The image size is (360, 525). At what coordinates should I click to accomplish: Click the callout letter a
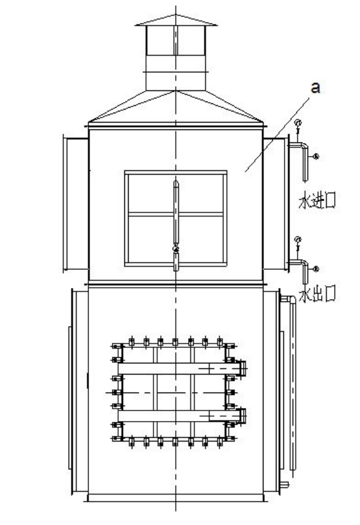(315, 88)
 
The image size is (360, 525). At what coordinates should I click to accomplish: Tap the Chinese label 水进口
(317, 201)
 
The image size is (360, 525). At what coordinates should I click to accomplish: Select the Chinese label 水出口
(317, 295)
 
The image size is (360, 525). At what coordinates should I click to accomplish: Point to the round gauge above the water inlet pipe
(298, 123)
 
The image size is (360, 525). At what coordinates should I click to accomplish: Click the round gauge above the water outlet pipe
(298, 240)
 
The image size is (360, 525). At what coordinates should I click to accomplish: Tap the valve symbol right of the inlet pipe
(315, 156)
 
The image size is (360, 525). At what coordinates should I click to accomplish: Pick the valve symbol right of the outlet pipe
(315, 269)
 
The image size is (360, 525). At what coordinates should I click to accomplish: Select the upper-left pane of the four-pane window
(150, 193)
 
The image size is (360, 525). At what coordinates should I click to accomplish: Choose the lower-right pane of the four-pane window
(201, 240)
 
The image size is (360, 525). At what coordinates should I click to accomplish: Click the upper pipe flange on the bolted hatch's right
(243, 368)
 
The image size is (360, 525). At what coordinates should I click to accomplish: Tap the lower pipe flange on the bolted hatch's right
(243, 416)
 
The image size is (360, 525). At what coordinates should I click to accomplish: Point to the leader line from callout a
(277, 134)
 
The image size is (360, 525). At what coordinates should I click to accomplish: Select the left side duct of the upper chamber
(76, 203)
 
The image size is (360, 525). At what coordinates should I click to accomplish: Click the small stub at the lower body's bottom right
(284, 484)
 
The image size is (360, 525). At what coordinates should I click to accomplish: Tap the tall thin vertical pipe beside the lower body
(293, 385)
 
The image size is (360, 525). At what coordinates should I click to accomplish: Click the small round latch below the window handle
(176, 248)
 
